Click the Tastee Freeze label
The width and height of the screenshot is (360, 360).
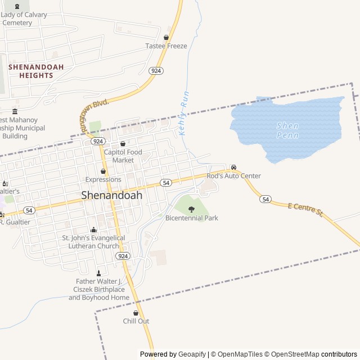(166, 46)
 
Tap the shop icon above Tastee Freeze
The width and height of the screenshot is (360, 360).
(166, 38)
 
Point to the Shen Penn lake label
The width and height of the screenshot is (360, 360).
(287, 130)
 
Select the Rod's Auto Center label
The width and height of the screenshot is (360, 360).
(233, 176)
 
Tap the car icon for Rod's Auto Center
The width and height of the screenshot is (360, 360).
(233, 168)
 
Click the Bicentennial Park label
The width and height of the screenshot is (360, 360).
(191, 218)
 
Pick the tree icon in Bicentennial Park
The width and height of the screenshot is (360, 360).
(191, 209)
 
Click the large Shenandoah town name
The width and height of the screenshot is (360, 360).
(112, 195)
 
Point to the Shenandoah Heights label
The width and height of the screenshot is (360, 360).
(36, 71)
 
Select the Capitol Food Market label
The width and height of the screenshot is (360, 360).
(123, 156)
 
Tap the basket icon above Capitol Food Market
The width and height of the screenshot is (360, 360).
(123, 144)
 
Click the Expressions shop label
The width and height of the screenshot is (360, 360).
(103, 179)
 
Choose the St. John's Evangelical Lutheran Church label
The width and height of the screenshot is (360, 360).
(94, 242)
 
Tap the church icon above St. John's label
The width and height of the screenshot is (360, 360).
(94, 230)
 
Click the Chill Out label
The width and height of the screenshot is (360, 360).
(136, 321)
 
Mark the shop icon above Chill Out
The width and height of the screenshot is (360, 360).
(136, 313)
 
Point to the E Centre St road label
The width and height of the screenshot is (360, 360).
(305, 210)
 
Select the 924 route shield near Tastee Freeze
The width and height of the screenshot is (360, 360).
(156, 71)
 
